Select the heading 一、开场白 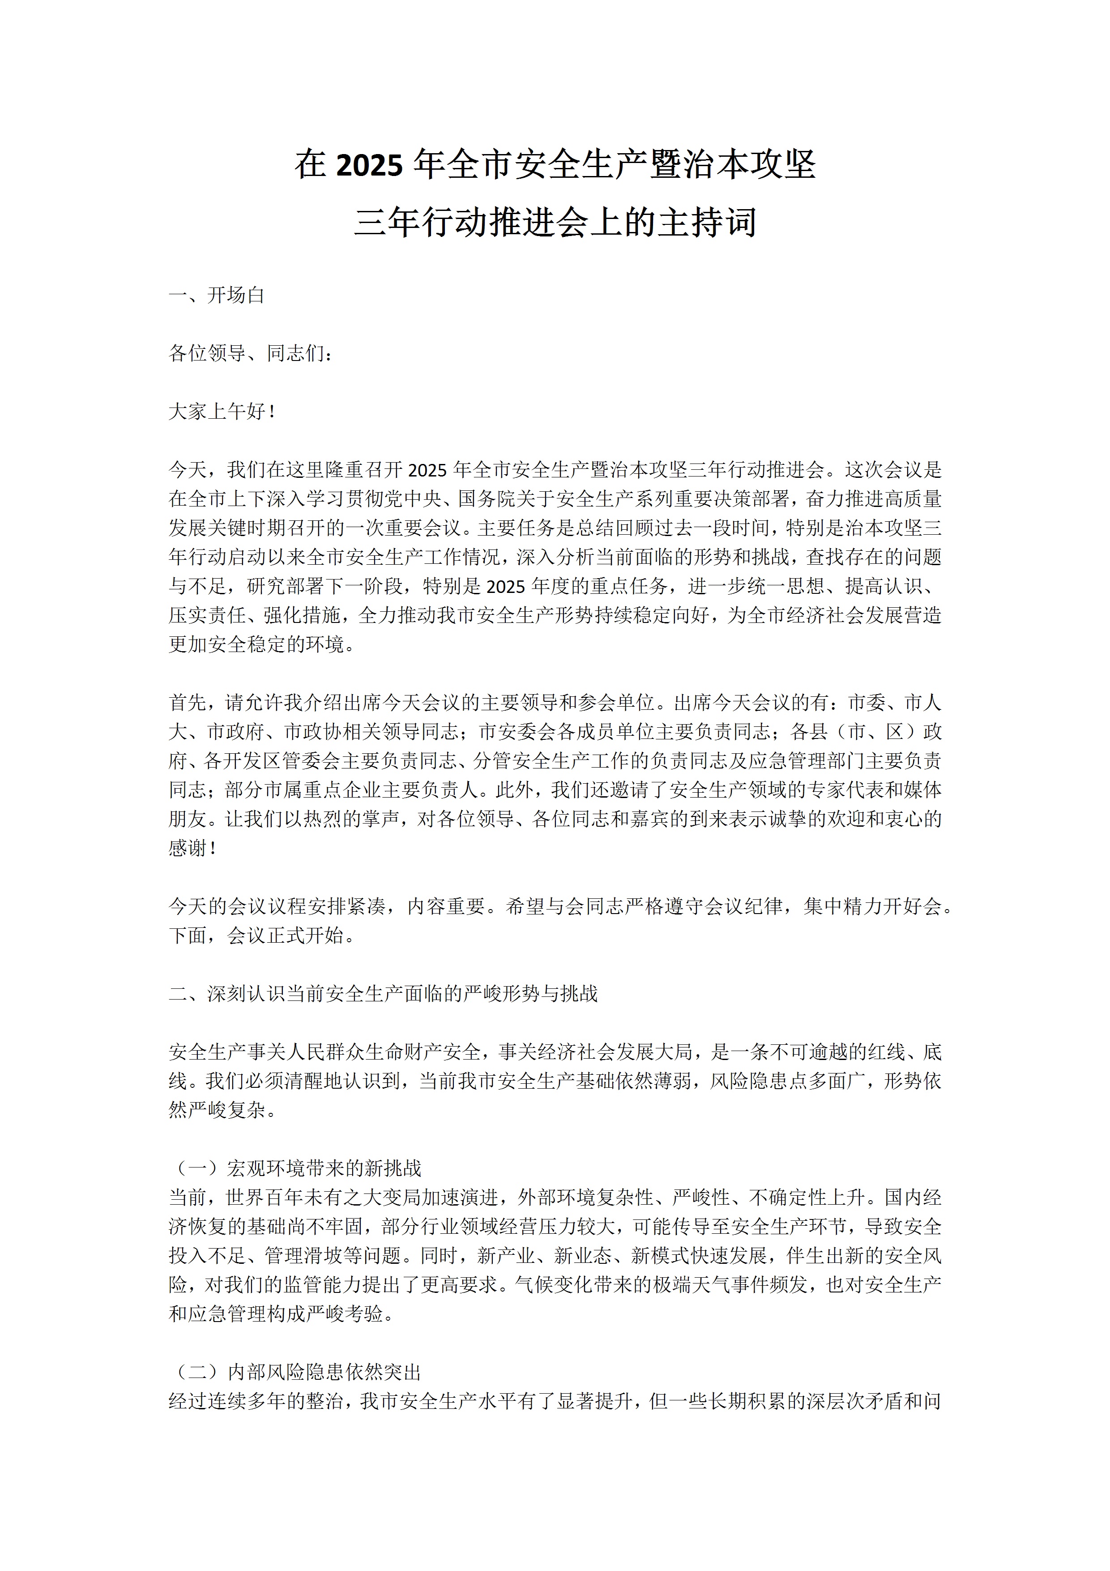pyautogui.click(x=217, y=296)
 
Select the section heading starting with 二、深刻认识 pyautogui.click(x=383, y=993)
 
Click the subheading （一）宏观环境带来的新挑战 pyautogui.click(x=295, y=1168)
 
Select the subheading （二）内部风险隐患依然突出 pyautogui.click(x=295, y=1372)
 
